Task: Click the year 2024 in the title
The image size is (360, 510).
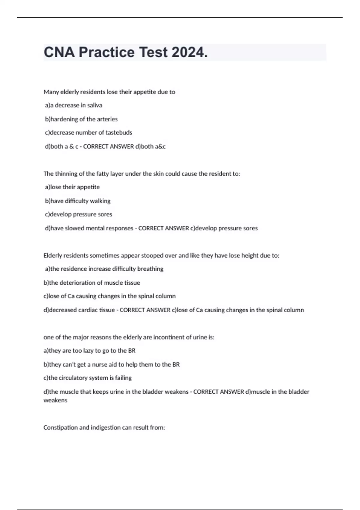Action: (x=190, y=52)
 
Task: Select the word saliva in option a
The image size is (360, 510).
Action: (x=94, y=105)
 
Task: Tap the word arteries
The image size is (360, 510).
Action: (x=107, y=119)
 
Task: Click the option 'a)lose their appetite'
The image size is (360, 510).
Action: (x=72, y=187)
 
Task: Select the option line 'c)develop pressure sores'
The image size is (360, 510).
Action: (x=79, y=214)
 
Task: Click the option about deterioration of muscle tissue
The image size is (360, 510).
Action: (x=92, y=283)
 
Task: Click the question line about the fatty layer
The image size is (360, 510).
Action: (x=142, y=174)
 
